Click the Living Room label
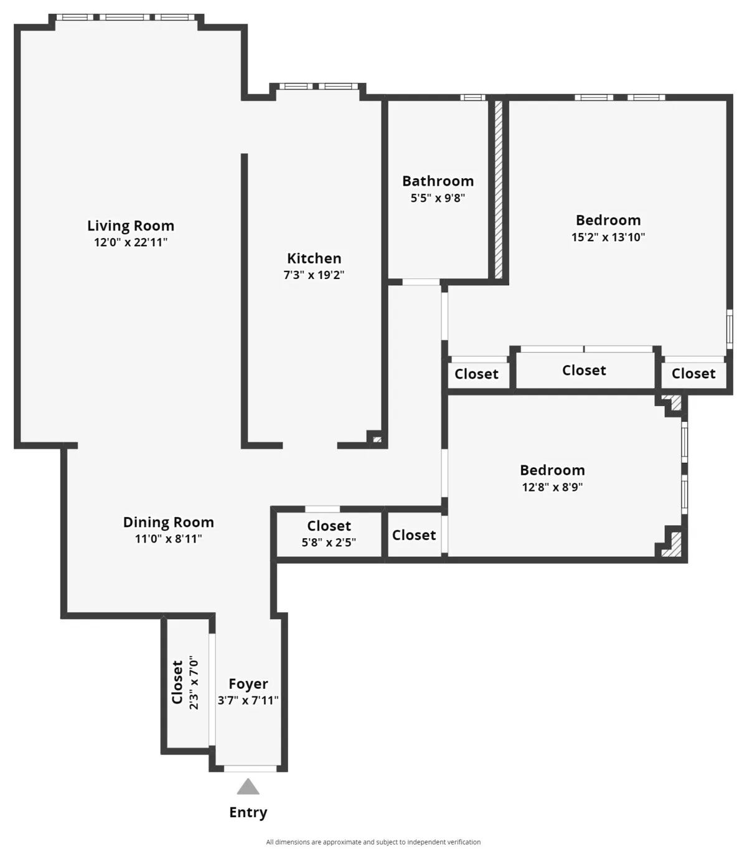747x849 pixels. [131, 225]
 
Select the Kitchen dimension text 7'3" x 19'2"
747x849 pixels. [314, 275]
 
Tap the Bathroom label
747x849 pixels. [438, 181]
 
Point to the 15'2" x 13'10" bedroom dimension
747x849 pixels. [608, 237]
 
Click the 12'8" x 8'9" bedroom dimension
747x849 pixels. [552, 487]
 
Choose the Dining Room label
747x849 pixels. [168, 523]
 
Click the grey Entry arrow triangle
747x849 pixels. [248, 787]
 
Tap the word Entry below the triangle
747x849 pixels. [248, 812]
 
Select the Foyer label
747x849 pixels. [248, 684]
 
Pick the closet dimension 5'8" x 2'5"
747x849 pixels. [329, 543]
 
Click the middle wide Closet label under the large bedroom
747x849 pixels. [584, 371]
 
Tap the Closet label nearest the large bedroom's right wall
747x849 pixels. [693, 374]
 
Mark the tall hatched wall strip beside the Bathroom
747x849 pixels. [498, 189]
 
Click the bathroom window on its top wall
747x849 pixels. [472, 97]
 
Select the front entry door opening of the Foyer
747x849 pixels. [250, 769]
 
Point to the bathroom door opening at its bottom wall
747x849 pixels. [421, 282]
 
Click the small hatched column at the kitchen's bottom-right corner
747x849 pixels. [377, 440]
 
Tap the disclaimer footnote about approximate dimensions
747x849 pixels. [373, 842]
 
